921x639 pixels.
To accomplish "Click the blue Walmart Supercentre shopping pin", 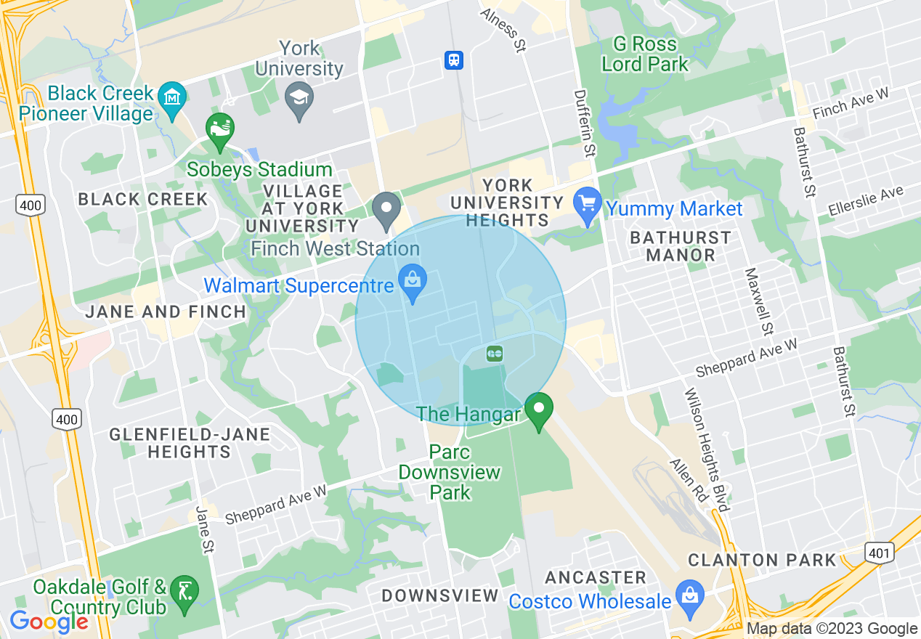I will click(x=412, y=285).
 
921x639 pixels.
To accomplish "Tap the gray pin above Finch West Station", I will click(x=386, y=208).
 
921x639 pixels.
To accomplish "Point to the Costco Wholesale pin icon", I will click(x=689, y=596).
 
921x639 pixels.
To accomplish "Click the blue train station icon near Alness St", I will click(x=454, y=60).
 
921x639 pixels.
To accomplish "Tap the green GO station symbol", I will click(x=495, y=354).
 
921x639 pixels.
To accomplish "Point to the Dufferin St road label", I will click(x=583, y=124).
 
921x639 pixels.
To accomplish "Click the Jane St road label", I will click(x=203, y=530).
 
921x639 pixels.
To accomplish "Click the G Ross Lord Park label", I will click(x=645, y=54).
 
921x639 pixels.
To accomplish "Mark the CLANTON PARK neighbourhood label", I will click(x=762, y=560).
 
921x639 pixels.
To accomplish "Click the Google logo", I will click(x=49, y=622).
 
